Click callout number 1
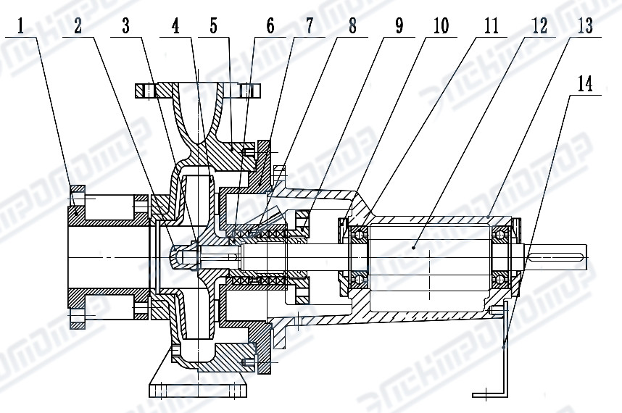click(x=21, y=27)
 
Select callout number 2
click(x=78, y=27)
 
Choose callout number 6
click(x=270, y=27)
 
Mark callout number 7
click(x=310, y=27)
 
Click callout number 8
click(x=352, y=27)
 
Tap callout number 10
click(x=441, y=27)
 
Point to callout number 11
click(x=491, y=27)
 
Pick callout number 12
click(x=539, y=27)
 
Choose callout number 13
click(x=585, y=27)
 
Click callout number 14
click(x=585, y=83)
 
